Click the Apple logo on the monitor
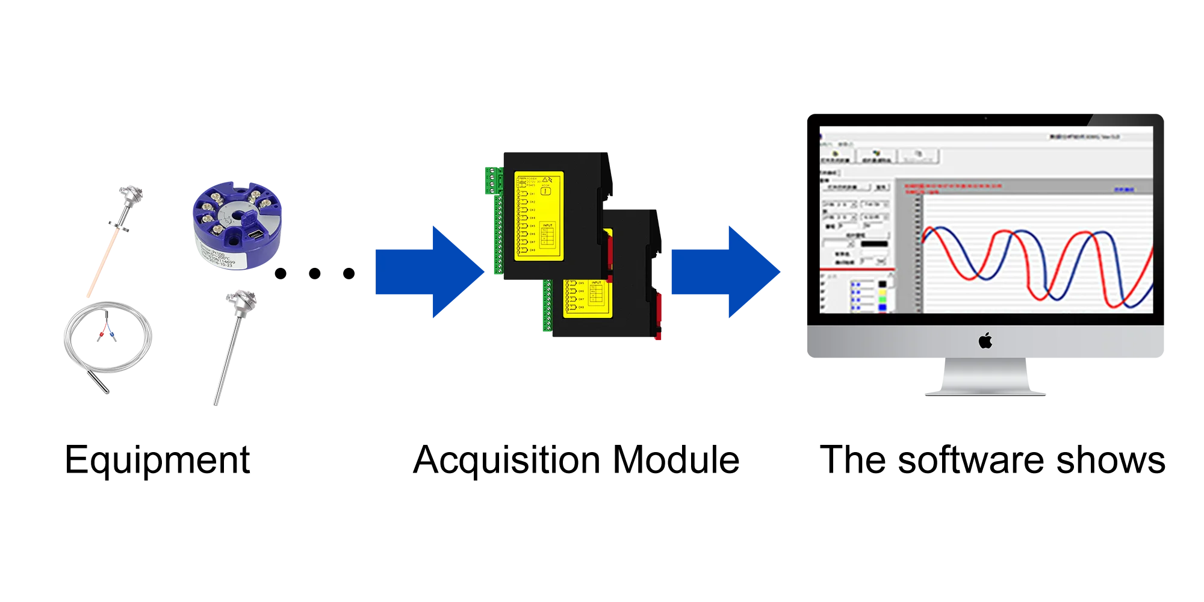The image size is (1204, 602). (x=985, y=341)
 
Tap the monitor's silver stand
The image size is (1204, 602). (x=985, y=377)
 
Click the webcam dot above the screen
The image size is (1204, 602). (x=985, y=119)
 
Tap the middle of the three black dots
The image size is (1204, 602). (x=315, y=272)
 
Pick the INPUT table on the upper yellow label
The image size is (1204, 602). (x=547, y=235)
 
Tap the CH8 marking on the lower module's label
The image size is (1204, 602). (x=580, y=307)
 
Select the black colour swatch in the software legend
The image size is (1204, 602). (x=883, y=284)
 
